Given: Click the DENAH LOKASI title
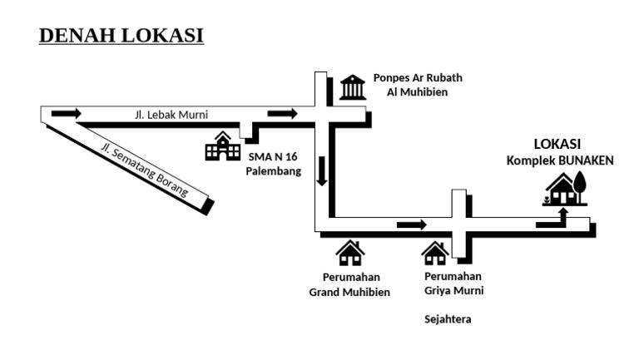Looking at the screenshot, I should (x=121, y=36).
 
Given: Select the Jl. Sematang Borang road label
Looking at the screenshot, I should (x=143, y=171).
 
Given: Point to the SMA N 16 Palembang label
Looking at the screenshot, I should (x=273, y=164).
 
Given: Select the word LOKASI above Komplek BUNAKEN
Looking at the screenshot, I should (x=557, y=143).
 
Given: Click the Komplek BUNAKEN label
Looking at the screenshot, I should (x=560, y=160).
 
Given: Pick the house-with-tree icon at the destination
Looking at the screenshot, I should (x=566, y=189).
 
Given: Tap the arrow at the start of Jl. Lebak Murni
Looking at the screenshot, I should (x=66, y=113).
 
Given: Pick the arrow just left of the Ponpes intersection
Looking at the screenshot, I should (x=282, y=113).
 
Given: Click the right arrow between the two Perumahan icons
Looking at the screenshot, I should (x=412, y=224).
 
